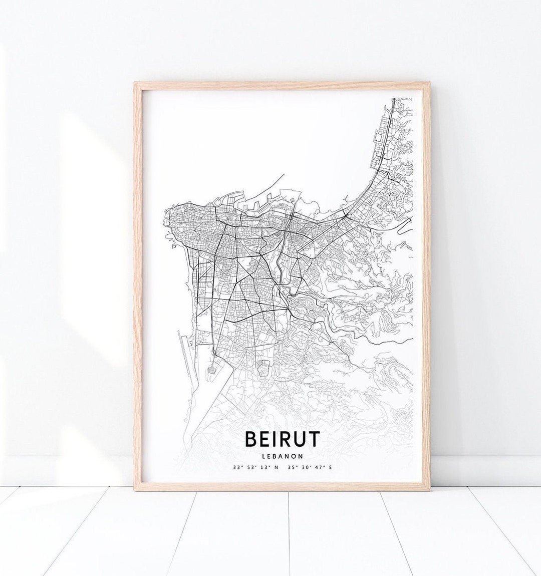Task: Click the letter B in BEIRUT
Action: click(x=251, y=439)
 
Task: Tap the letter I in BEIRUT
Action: click(x=275, y=439)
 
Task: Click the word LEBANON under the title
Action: click(x=282, y=456)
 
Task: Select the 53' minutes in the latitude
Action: click(x=250, y=467)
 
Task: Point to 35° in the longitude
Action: click(x=292, y=467)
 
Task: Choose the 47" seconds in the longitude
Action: click(x=319, y=467)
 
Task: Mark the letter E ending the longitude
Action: click(x=330, y=467)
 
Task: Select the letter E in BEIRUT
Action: click(x=263, y=439)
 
